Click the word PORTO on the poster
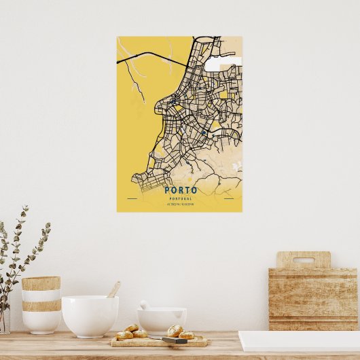[181, 190]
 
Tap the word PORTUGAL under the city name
[181, 198]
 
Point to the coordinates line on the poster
[181, 204]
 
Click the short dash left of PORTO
[132, 198]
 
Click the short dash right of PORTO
[228, 198]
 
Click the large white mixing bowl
[90, 315]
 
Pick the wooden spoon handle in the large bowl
[113, 289]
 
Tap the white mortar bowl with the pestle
[162, 320]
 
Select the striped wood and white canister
[41, 304]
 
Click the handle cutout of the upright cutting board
[303, 260]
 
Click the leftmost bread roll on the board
[124, 335]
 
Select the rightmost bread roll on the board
[186, 335]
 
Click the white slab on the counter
[299, 341]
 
